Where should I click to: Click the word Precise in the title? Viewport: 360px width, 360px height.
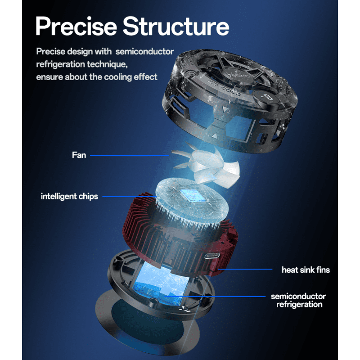(x=76, y=27)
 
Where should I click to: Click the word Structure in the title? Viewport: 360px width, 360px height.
(x=176, y=26)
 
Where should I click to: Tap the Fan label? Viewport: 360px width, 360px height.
(x=79, y=155)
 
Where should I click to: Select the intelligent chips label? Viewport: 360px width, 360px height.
(x=69, y=197)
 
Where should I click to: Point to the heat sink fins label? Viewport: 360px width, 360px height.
(x=306, y=270)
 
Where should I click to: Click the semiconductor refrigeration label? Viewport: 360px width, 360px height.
(x=298, y=300)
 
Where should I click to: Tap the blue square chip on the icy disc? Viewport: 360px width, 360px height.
(x=190, y=196)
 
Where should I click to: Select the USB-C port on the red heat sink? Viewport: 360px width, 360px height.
(x=212, y=256)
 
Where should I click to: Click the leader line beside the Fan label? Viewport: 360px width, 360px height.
(x=130, y=155)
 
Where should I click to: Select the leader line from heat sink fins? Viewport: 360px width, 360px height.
(x=245, y=269)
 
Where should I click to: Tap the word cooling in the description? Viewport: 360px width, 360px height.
(x=117, y=77)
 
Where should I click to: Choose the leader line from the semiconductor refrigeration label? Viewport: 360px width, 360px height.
(x=215, y=297)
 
